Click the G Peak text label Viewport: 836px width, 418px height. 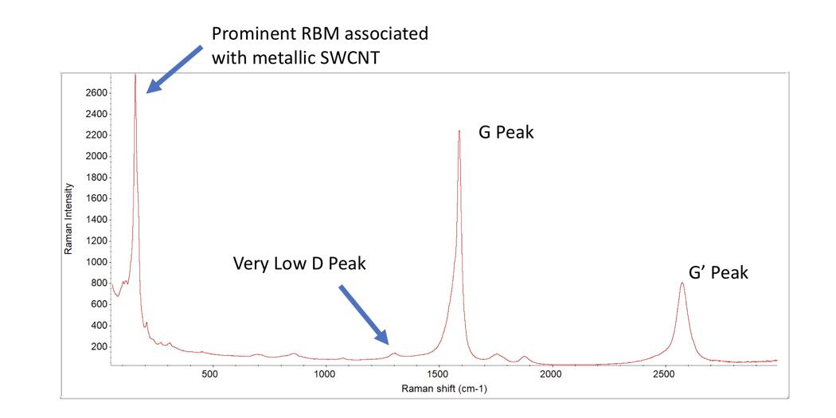506,132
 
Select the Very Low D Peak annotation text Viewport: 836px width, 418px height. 299,263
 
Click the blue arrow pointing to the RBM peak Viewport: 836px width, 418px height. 174,69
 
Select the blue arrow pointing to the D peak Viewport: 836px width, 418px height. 364,314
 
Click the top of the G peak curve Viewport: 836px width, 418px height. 459,131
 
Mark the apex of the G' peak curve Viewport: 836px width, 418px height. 682,283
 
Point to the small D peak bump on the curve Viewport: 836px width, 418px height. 394,353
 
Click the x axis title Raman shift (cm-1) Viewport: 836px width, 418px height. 444,389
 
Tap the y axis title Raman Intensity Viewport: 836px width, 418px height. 68,219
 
